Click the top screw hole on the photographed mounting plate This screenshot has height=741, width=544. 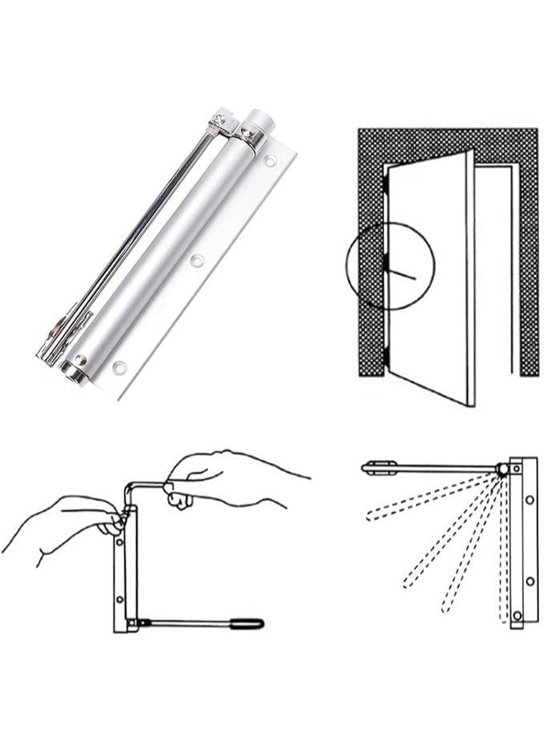pyautogui.click(x=271, y=161)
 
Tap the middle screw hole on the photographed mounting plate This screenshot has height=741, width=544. pyautogui.click(x=196, y=260)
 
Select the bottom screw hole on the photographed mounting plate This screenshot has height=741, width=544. pyautogui.click(x=119, y=368)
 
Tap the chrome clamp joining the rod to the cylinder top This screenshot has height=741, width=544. pyautogui.click(x=219, y=125)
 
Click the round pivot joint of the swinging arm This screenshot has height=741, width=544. pyautogui.click(x=502, y=469)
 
